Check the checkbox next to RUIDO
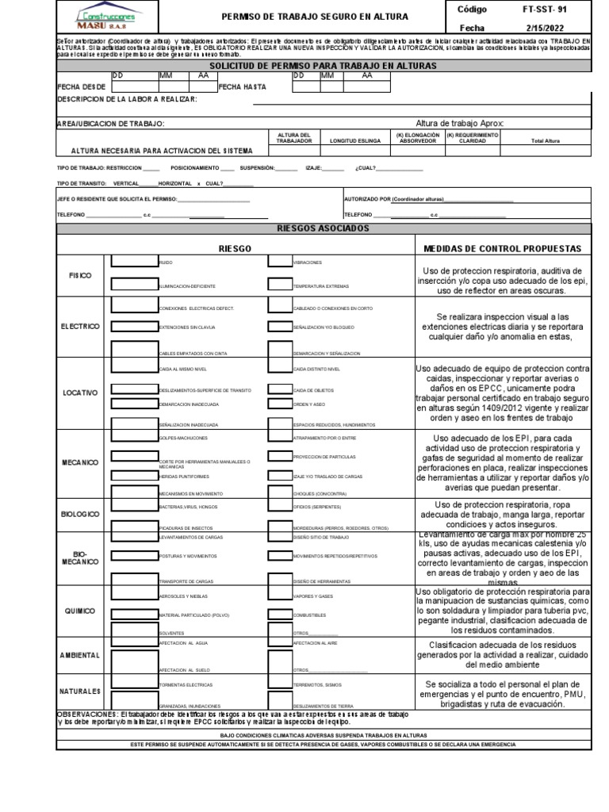pyautogui.click(x=133, y=261)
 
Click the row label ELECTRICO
pyautogui.click(x=79, y=326)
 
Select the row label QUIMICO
pyautogui.click(x=79, y=611)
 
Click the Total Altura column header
pyautogui.click(x=546, y=140)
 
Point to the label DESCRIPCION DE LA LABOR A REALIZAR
pyautogui.click(x=128, y=100)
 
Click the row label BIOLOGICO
pyautogui.click(x=79, y=514)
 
